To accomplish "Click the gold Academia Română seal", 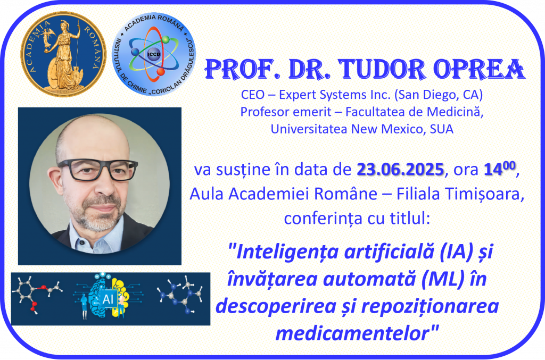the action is (64, 54).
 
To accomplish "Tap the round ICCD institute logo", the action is (154, 54).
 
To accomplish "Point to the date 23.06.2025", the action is (400, 170).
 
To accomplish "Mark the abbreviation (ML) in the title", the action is (443, 279).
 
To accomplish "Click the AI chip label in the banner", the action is (109, 299).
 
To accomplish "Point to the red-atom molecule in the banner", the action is (37, 295).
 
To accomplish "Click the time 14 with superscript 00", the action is (500, 168).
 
